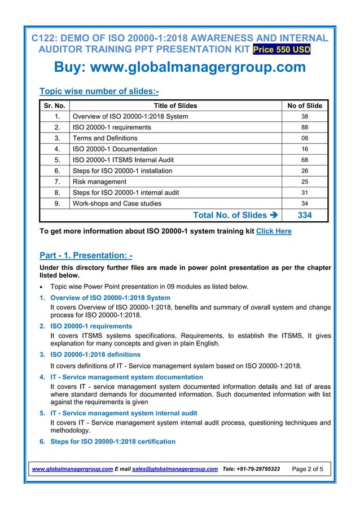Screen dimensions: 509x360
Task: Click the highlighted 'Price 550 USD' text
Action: click(282, 50)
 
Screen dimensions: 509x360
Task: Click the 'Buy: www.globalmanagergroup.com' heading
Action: click(179, 67)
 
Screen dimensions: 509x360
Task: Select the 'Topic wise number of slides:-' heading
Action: click(99, 91)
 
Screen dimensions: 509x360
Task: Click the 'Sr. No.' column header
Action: click(54, 106)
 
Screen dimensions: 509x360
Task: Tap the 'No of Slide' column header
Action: click(305, 106)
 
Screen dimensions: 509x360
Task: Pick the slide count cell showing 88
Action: click(305, 128)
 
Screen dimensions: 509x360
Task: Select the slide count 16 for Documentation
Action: click(305, 149)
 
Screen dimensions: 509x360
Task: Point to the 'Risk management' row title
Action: click(99, 182)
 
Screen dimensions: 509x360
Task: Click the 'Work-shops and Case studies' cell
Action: click(117, 203)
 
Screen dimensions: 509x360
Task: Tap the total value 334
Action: click(305, 215)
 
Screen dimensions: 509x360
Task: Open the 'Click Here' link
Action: click(274, 231)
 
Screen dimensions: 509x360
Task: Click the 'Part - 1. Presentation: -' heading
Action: click(86, 256)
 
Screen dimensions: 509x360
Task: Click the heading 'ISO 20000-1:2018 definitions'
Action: click(95, 354)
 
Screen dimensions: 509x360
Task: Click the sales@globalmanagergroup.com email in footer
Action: click(175, 469)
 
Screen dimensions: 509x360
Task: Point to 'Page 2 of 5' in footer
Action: click(308, 469)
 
